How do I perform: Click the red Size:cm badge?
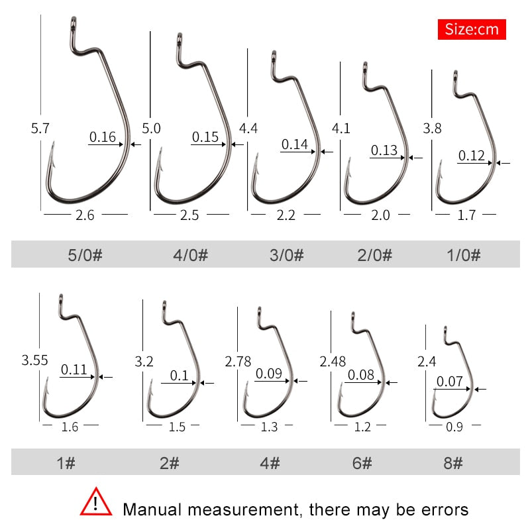click(472, 29)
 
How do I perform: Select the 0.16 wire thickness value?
click(103, 138)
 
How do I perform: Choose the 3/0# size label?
click(285, 255)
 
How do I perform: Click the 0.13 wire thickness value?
click(384, 150)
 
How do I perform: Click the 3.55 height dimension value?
click(34, 361)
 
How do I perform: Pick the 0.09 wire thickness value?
click(269, 374)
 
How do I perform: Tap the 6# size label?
click(362, 462)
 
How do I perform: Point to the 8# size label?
click(453, 462)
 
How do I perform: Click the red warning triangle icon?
click(97, 503)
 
